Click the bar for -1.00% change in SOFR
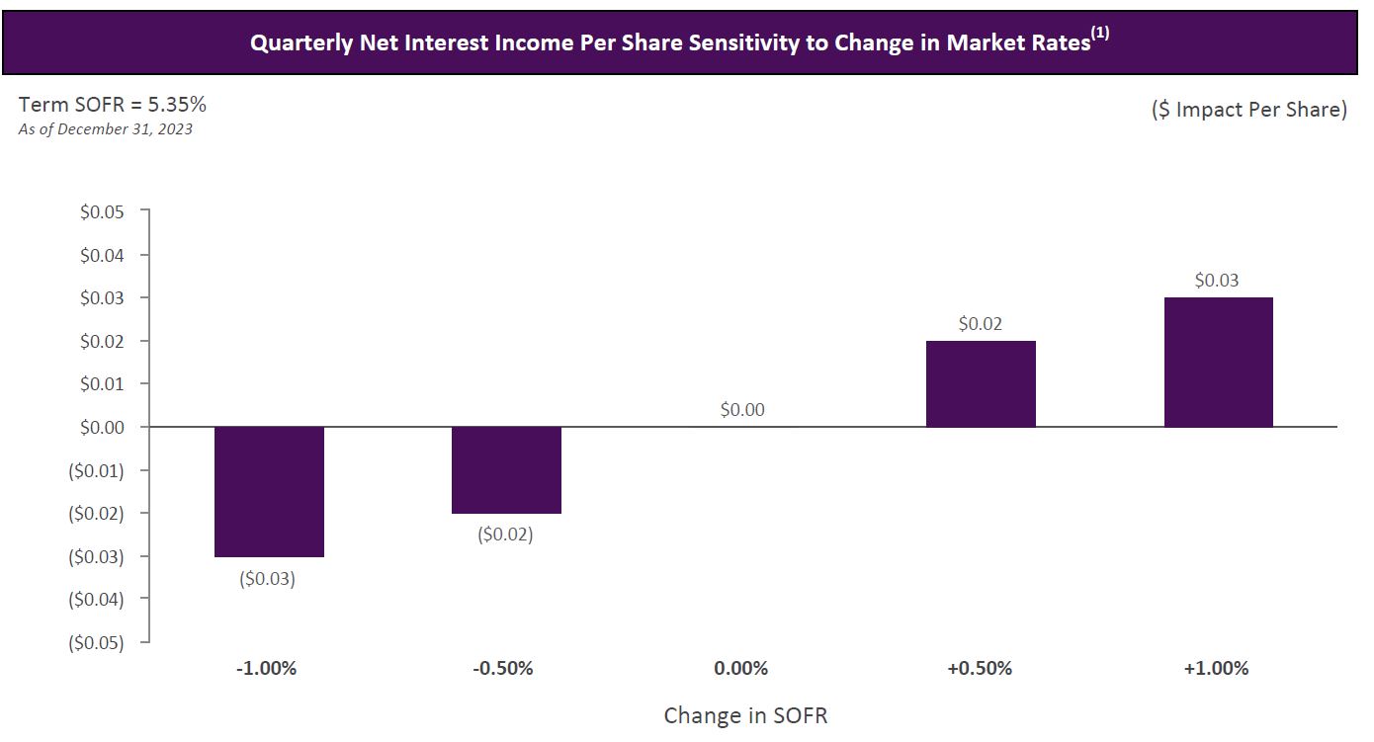(x=269, y=491)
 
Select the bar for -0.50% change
(x=506, y=469)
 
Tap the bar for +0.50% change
(x=981, y=384)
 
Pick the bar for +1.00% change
(x=1218, y=362)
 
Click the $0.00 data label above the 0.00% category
(x=742, y=409)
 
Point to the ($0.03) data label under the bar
(x=267, y=578)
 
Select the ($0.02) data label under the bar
(x=505, y=535)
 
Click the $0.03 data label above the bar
(x=1217, y=281)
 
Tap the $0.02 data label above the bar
(x=980, y=323)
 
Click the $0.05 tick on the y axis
(x=102, y=211)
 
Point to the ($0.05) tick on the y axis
(x=98, y=642)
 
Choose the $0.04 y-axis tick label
(x=102, y=255)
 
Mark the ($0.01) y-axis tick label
(x=98, y=470)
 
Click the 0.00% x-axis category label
(x=740, y=668)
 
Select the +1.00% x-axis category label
(x=1216, y=668)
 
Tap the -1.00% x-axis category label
(x=267, y=668)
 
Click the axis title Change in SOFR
(x=745, y=715)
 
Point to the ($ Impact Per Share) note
(x=1248, y=110)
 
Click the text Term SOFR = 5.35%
(x=113, y=105)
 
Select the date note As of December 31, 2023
(x=106, y=128)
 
